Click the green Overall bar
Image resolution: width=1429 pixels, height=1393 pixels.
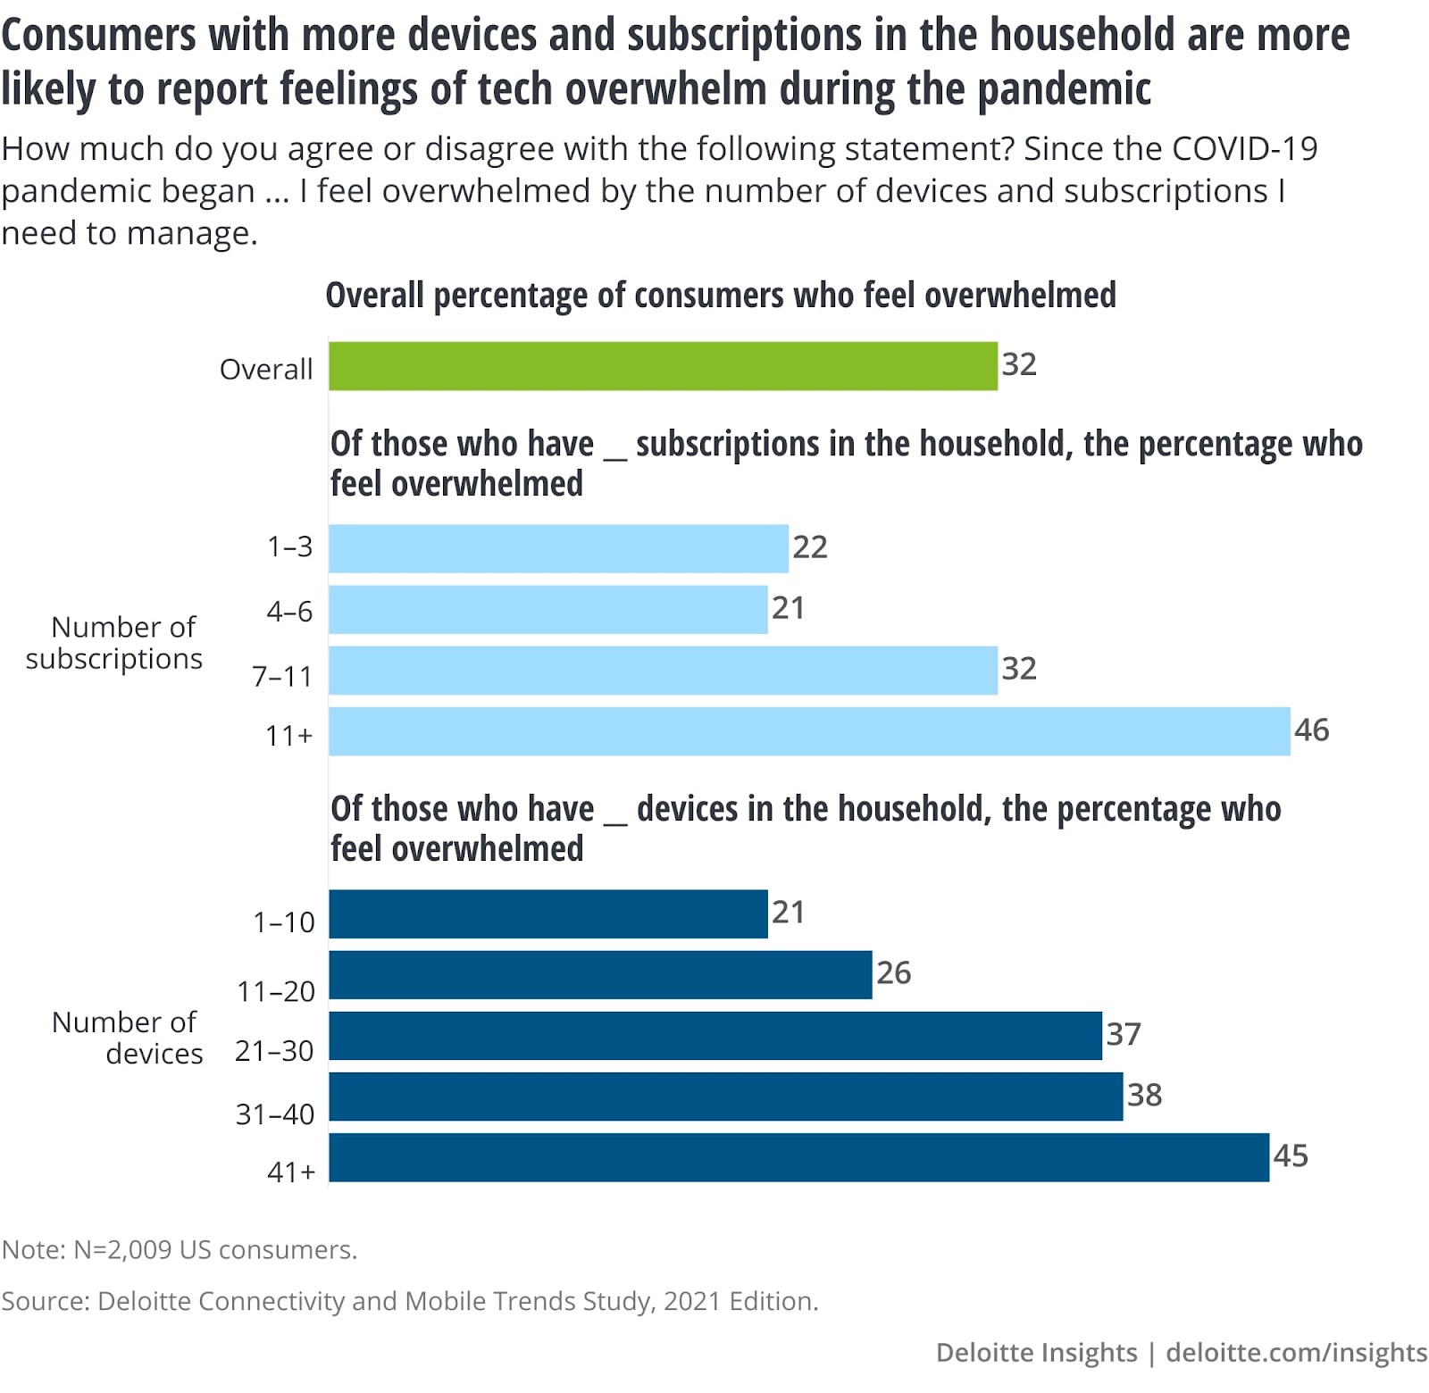663,366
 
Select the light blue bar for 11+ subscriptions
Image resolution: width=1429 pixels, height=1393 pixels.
809,731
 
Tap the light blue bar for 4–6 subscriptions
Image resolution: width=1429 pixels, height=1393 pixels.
547,610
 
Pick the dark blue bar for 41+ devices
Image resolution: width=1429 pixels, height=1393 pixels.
798,1157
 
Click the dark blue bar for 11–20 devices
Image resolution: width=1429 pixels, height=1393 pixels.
600,975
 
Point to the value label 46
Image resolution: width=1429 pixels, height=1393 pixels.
1311,730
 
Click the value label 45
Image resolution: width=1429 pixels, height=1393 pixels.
1291,1156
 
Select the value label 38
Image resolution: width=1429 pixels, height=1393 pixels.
1144,1095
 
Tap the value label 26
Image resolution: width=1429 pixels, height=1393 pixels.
893,973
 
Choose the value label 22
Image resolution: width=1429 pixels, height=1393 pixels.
810,547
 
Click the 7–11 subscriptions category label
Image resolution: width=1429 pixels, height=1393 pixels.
282,677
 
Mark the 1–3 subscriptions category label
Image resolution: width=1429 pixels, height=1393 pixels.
290,546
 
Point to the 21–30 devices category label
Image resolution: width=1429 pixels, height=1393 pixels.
274,1051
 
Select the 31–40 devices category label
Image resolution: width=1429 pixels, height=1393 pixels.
275,1114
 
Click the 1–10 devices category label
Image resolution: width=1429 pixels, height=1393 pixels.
284,922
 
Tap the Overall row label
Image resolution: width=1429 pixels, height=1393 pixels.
266,369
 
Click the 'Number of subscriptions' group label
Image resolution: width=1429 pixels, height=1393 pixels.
114,643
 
